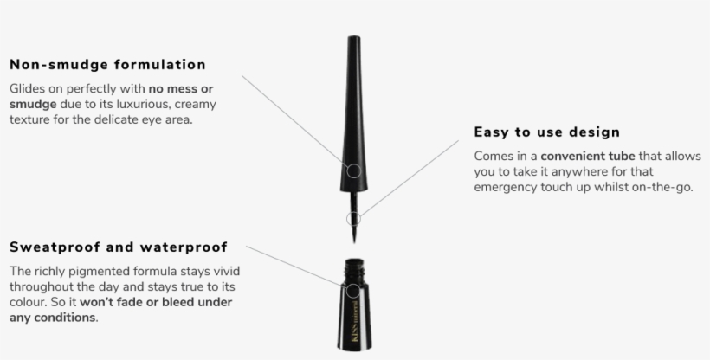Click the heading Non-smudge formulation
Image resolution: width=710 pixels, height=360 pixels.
click(107, 65)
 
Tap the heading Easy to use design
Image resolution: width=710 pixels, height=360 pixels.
click(547, 132)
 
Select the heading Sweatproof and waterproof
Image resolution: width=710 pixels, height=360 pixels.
click(119, 247)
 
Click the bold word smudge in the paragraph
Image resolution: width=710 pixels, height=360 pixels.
click(33, 105)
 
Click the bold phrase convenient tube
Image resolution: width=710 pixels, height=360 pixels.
click(588, 157)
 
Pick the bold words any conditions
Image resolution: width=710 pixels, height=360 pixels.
click(52, 318)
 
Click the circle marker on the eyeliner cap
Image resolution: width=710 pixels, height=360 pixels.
click(354, 171)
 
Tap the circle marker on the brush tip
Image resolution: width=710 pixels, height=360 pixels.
click(353, 219)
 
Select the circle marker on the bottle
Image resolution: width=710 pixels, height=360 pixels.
click(353, 291)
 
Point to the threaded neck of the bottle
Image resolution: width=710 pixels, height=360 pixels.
click(354, 268)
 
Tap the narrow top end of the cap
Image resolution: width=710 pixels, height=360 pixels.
click(354, 37)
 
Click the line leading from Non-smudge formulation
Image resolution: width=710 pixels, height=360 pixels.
click(294, 120)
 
